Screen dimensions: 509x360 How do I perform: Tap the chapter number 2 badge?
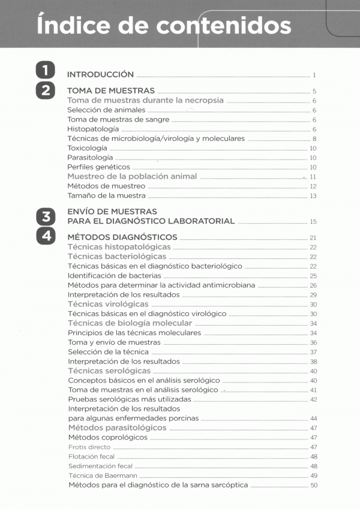pyautogui.click(x=45, y=91)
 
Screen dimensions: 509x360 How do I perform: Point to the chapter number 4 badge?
pyautogui.click(x=45, y=236)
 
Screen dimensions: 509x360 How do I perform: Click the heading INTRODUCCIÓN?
pyautogui.click(x=100, y=75)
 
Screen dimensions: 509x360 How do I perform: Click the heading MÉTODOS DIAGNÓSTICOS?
pyautogui.click(x=122, y=237)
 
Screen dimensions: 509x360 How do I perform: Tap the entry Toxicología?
pyautogui.click(x=88, y=147)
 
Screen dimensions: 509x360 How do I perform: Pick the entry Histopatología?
pyautogui.click(x=93, y=129)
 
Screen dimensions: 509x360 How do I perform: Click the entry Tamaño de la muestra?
pyautogui.click(x=106, y=195)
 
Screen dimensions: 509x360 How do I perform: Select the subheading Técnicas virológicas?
pyautogui.click(x=108, y=305)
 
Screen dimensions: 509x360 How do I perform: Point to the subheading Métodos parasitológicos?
pyautogui.click(x=117, y=428)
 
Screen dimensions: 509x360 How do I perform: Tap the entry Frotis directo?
pyautogui.click(x=89, y=447)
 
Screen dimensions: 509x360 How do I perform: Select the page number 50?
pyautogui.click(x=313, y=486)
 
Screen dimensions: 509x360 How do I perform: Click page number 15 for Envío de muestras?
pyautogui.click(x=313, y=222)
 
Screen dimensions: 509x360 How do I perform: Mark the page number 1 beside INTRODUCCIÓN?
pyautogui.click(x=314, y=76)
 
